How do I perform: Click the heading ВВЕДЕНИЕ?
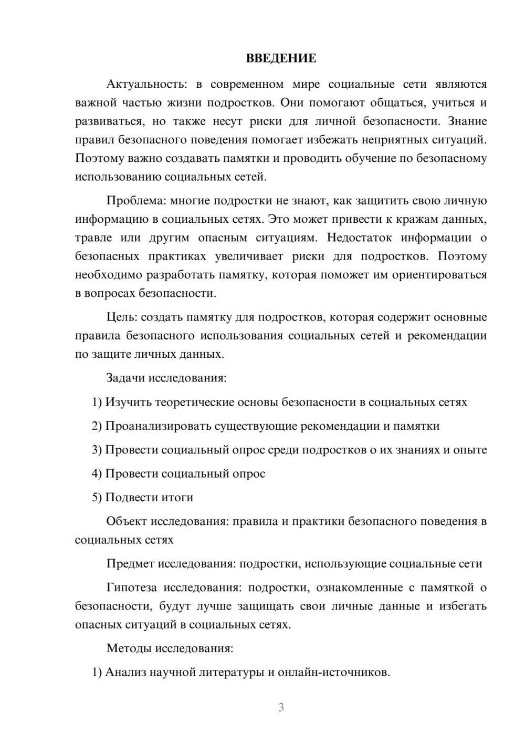281,58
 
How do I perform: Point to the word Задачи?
126,378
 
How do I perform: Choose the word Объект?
127,521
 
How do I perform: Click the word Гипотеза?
132,587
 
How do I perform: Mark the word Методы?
129,648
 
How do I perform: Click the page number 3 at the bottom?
281,707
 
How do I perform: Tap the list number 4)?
97,473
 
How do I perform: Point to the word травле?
93,238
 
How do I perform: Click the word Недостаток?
359,238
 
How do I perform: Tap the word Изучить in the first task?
127,402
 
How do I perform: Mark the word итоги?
178,497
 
